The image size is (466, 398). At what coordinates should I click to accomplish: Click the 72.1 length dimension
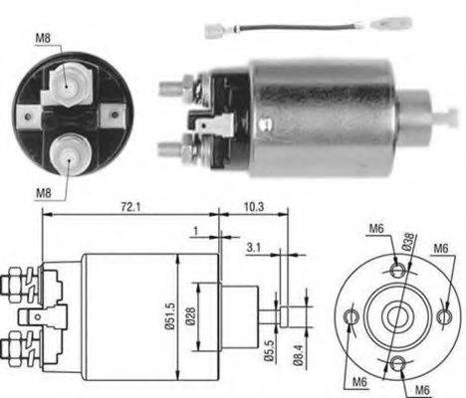(130, 207)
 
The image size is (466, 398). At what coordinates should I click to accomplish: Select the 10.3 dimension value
(254, 207)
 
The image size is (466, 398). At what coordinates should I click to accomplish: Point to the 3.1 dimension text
(254, 248)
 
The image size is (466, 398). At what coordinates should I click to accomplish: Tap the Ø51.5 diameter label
(170, 316)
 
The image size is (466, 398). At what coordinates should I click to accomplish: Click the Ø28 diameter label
(191, 315)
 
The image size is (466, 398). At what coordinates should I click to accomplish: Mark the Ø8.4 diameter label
(298, 355)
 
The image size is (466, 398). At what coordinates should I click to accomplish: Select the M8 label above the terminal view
(43, 38)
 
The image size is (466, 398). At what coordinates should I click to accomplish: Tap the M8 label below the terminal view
(44, 192)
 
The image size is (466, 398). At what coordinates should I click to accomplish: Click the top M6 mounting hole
(396, 270)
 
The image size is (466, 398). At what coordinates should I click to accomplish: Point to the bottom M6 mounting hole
(397, 364)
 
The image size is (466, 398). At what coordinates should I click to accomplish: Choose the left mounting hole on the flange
(351, 316)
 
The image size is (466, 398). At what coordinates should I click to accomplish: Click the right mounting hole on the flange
(444, 316)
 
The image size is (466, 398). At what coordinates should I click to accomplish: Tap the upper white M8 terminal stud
(67, 87)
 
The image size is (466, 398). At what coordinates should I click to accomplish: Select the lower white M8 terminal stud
(70, 154)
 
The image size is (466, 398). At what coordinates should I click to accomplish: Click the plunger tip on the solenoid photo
(446, 117)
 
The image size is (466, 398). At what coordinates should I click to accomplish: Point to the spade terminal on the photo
(215, 125)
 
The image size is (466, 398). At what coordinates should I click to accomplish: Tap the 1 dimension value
(196, 231)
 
